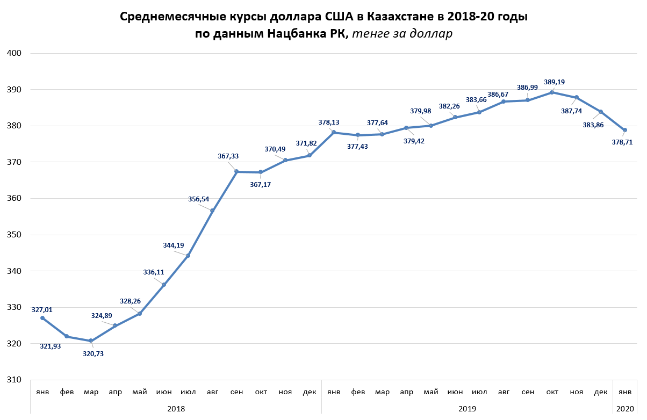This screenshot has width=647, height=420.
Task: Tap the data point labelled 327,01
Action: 42,318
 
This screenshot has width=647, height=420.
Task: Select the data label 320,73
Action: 92,353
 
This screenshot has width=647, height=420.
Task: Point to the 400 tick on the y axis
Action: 13,53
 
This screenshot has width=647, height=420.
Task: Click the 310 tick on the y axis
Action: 13,380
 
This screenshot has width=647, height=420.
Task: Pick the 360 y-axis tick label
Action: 13,198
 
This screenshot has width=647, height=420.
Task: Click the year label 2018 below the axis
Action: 176,409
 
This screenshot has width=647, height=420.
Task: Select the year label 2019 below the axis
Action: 467,409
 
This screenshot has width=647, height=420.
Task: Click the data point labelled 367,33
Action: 237,171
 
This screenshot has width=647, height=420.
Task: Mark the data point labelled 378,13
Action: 334,132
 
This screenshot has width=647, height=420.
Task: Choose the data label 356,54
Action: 198,199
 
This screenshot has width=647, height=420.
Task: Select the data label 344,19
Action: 174,245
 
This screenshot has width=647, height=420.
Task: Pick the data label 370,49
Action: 275,149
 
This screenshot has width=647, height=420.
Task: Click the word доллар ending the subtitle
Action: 431,34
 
